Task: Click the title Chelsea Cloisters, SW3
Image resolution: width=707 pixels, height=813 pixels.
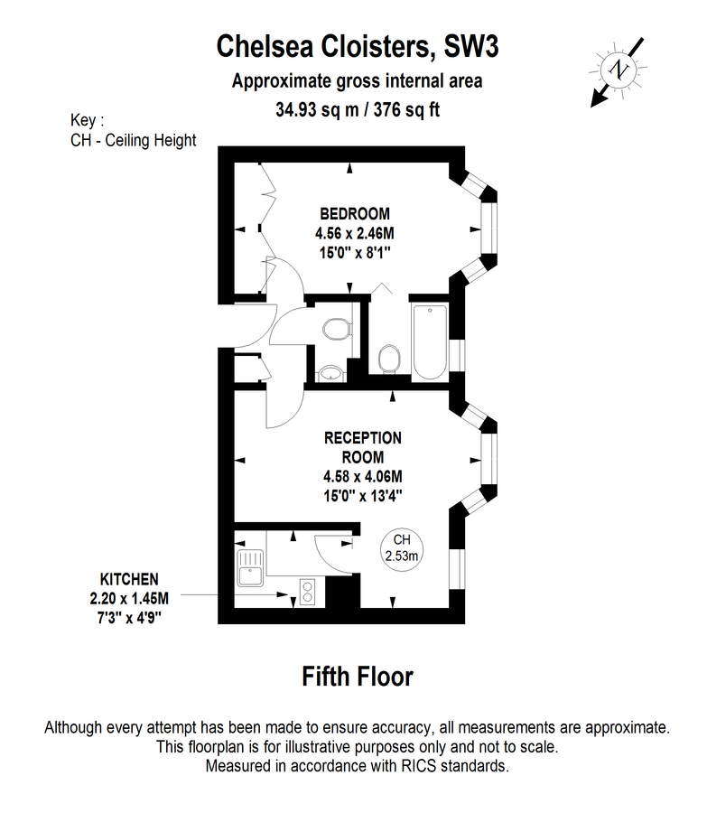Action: [x=358, y=47]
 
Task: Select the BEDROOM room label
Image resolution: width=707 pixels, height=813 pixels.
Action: [x=355, y=213]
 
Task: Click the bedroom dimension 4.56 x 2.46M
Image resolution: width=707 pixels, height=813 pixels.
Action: [x=355, y=233]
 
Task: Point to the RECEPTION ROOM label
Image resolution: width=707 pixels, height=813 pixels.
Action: [x=363, y=447]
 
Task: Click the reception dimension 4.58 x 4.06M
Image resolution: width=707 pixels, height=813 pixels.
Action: [x=363, y=476]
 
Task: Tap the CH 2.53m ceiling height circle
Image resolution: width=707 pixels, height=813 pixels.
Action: [x=402, y=549]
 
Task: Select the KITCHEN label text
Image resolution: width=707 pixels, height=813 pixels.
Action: [x=129, y=579]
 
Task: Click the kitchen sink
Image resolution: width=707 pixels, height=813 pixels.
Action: [x=250, y=568]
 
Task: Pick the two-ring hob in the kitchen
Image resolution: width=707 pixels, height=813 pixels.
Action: [x=307, y=592]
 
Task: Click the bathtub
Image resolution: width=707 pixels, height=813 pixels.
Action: [x=430, y=341]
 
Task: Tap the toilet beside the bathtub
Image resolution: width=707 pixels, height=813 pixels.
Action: [x=389, y=359]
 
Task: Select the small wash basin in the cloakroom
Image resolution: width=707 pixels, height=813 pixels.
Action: [x=330, y=373]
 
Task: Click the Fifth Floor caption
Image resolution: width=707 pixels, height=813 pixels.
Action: [x=358, y=677]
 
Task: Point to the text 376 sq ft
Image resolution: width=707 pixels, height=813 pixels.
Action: [x=406, y=110]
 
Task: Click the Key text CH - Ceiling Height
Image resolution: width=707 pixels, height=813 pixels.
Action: [x=134, y=141]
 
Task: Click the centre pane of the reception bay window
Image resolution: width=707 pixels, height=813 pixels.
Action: [x=488, y=460]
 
